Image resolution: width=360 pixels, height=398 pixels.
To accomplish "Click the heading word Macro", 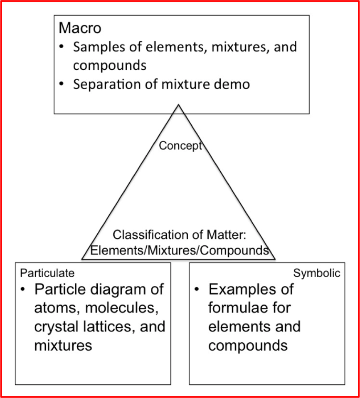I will coord(80,28).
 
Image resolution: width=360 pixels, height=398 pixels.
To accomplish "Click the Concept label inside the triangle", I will coord(180,146).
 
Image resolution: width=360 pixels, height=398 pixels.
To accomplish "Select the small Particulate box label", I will coord(47,273).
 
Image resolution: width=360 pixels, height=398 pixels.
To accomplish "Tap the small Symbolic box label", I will coord(317,273).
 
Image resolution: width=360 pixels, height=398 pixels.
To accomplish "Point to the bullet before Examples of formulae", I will coord(196,289).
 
